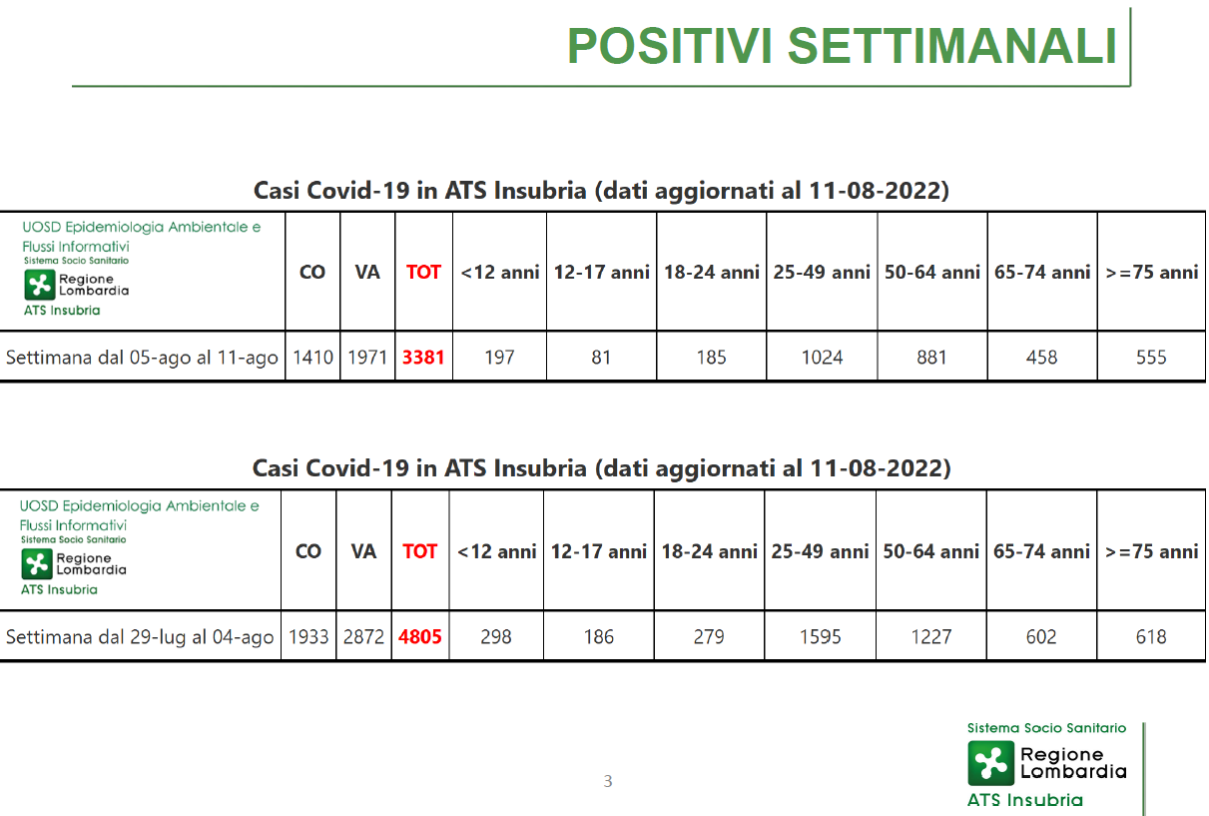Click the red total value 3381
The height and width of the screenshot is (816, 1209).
pos(423,357)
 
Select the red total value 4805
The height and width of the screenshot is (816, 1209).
pos(420,636)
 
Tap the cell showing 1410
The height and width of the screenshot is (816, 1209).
pos(312,357)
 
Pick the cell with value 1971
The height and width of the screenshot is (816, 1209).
pos(367,357)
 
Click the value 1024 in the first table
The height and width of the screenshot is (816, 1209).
pos(822,357)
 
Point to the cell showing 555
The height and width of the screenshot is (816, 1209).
pos(1151,357)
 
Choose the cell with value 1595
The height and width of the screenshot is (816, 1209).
pos(820,636)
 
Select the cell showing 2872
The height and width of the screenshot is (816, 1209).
pos(363,636)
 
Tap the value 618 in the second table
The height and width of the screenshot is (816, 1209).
pos(1151,636)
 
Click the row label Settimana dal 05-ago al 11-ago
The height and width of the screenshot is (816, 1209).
pos(142,358)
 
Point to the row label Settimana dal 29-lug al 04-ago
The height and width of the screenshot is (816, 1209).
pos(140,637)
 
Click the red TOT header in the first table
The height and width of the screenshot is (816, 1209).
pos(423,272)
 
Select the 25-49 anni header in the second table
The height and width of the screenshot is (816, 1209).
pos(820,551)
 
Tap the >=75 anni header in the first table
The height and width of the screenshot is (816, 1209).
pos(1152,272)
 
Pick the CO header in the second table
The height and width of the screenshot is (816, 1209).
pos(308,551)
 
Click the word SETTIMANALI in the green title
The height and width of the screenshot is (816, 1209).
pos(952,46)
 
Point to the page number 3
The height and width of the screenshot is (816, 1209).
pos(608,781)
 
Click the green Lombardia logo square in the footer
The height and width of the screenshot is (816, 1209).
pos(991,763)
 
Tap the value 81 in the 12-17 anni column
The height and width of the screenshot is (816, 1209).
pos(601,357)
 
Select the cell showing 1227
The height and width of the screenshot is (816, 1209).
pos(931,636)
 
